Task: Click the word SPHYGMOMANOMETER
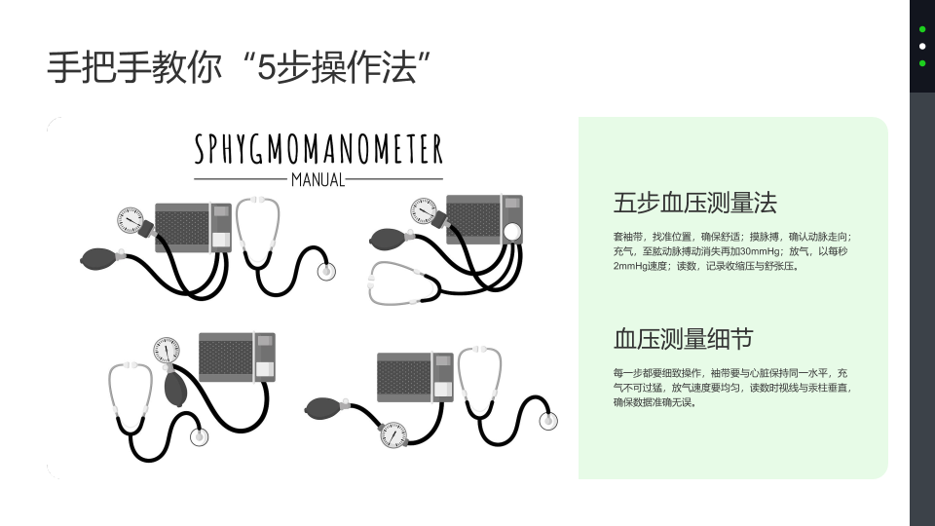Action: point(318,149)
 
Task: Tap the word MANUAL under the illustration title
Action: point(318,179)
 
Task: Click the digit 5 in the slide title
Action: point(266,67)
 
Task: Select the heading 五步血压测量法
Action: point(694,203)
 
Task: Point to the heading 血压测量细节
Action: point(684,339)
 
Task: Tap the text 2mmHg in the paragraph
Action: point(630,266)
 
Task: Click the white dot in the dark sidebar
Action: point(922,46)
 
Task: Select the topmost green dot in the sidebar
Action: point(922,28)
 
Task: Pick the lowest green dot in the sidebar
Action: point(922,63)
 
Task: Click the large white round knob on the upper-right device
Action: point(512,232)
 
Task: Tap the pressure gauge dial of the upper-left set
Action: point(130,220)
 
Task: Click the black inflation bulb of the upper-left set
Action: point(99,259)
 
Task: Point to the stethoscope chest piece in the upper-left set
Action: point(326,272)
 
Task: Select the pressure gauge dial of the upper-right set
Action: point(424,211)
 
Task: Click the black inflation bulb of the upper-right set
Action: point(389,240)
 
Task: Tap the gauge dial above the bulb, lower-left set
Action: point(167,350)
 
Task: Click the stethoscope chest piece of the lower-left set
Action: point(199,437)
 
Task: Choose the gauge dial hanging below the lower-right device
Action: point(393,434)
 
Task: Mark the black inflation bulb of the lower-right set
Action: point(323,408)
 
